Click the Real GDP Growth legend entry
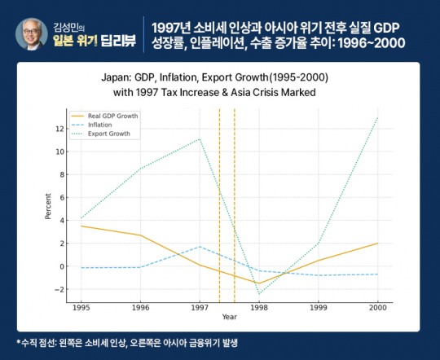point(110,116)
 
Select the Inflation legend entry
point(102,125)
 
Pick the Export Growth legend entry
point(108,133)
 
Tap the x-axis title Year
point(230,317)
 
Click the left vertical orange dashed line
point(219,204)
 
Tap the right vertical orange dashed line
point(235,204)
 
